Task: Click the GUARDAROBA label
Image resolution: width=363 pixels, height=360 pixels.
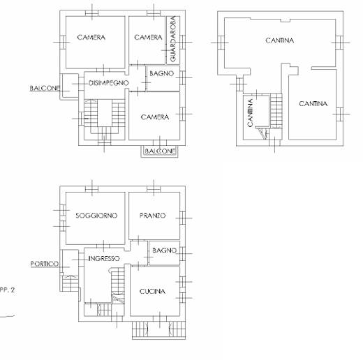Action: point(173,39)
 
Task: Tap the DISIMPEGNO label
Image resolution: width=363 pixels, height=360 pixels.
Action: point(109,83)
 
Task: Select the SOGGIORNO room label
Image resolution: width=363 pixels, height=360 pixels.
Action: point(96,216)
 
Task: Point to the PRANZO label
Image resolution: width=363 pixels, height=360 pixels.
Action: point(152,216)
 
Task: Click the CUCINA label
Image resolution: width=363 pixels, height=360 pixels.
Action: point(152,292)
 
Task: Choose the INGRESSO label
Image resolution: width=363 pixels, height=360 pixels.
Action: point(104,259)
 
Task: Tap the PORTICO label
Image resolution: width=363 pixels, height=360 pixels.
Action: point(45,264)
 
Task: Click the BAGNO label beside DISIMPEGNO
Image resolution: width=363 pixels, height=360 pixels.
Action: point(162,74)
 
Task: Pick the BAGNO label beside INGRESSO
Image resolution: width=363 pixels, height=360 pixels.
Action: point(164,250)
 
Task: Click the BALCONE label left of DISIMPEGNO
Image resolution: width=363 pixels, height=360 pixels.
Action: point(45,88)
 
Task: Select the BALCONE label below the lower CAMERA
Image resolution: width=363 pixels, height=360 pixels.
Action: point(160,151)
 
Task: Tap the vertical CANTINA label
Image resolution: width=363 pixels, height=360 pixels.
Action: point(250,113)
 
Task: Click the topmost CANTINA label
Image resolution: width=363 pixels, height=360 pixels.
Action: point(279,40)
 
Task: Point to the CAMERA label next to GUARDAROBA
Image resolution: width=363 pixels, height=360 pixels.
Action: point(148,38)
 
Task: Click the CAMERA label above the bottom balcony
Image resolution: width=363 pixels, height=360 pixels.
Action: point(155,117)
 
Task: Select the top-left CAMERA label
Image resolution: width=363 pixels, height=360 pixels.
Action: point(91,38)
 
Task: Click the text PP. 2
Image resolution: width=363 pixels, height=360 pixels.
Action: point(7,290)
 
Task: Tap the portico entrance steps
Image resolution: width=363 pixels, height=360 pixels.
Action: point(71,283)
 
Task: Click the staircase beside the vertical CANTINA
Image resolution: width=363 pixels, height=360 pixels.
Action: point(276,111)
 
